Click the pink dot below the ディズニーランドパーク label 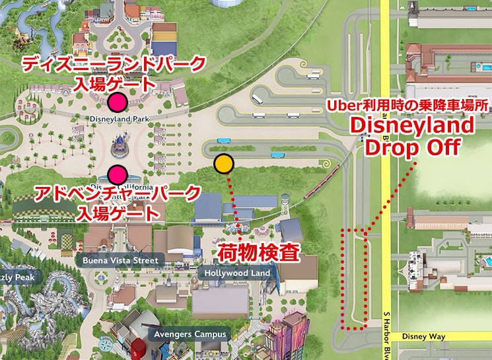point(118,102)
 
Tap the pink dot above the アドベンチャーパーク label point(118,174)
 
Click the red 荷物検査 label point(251,251)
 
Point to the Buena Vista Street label point(120,260)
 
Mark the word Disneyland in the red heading point(411,126)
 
